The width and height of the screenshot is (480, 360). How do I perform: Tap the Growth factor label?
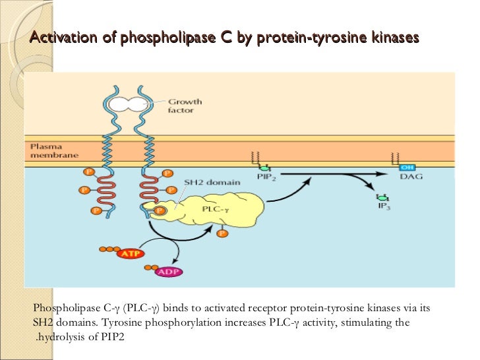pyautogui.click(x=185, y=106)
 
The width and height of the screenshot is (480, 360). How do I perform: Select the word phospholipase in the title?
pyautogui.click(x=162, y=39)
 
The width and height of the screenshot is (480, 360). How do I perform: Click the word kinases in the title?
pyautogui.click(x=394, y=39)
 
